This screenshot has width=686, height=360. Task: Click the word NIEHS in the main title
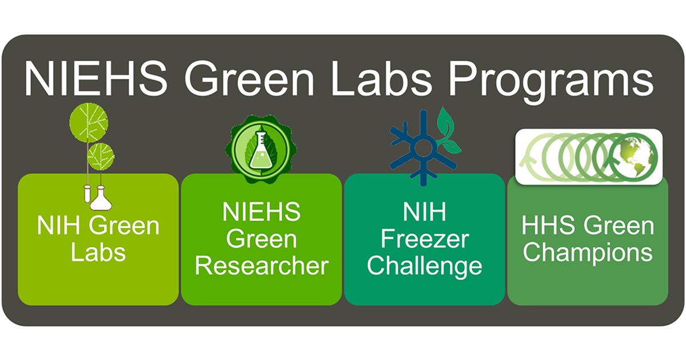pos(96,78)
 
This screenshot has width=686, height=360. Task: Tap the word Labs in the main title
pos(381,78)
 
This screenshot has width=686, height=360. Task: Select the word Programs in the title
pos(551,81)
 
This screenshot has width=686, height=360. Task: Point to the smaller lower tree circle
pos(101,157)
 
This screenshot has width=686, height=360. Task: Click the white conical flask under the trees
pos(101,199)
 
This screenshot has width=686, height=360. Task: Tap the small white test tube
pos(87,194)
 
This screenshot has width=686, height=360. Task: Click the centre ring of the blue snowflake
pos(423,148)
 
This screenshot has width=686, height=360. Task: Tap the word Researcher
pos(262,266)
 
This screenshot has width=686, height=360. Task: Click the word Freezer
pos(425,239)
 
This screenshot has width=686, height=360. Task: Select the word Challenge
pos(425,267)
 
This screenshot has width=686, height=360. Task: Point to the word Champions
pos(588,253)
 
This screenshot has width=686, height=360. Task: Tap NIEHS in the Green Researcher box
pos(262,211)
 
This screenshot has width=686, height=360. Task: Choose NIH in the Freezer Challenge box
pos(424,211)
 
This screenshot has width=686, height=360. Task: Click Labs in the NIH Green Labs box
pos(98,253)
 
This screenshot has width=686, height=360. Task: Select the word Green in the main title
pos(249,78)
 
